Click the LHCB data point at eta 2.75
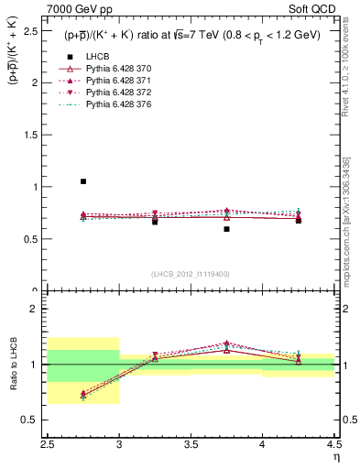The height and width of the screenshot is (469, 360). click(83, 181)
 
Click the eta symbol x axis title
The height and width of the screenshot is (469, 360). click(335, 457)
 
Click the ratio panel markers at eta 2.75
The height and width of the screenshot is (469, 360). click(83, 395)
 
